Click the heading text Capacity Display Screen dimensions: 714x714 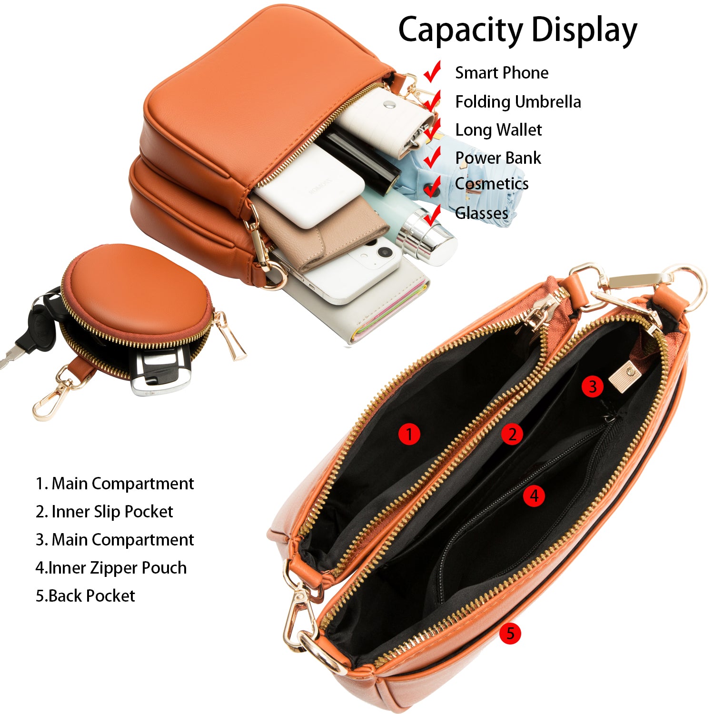517,30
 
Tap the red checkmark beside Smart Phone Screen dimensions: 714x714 432,71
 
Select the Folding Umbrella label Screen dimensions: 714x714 518,102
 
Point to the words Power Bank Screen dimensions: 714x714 498,158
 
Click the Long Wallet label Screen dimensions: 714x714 498,130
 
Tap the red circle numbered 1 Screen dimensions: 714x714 409,434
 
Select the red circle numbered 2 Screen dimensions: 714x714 512,434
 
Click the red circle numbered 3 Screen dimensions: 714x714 593,386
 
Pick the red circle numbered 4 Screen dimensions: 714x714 534,496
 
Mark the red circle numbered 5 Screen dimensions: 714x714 510,634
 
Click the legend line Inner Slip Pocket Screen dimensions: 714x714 104,512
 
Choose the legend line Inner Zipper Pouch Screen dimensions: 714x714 111,568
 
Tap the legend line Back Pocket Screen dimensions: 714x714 85,596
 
